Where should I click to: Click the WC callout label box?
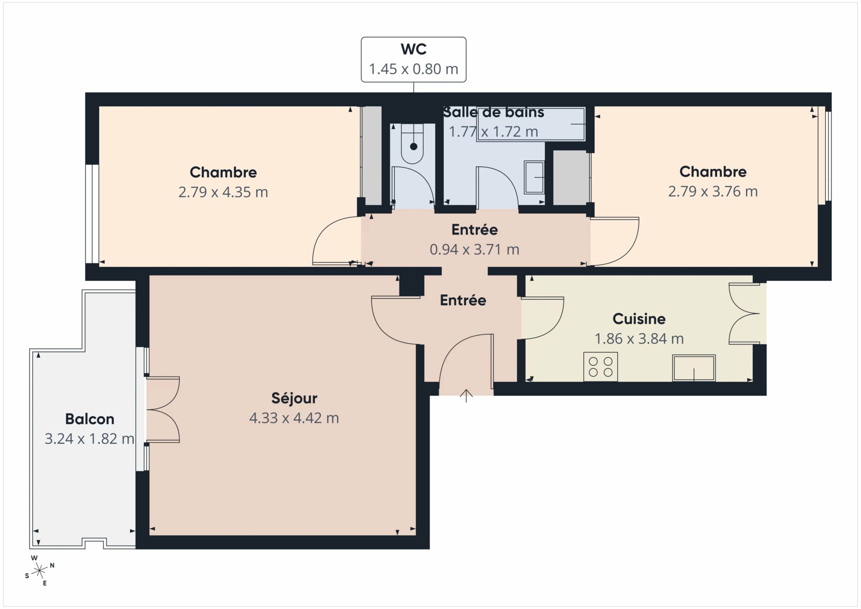pyautogui.click(x=413, y=59)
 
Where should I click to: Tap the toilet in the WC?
pyautogui.click(x=412, y=143)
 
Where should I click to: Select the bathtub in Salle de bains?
pyautogui.click(x=531, y=124)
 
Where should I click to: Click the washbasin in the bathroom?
pyautogui.click(x=534, y=177)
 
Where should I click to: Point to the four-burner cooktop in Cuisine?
pyautogui.click(x=600, y=367)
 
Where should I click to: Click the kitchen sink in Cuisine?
pyautogui.click(x=694, y=368)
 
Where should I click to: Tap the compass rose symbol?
pyautogui.click(x=40, y=570)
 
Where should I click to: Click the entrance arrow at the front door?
pyautogui.click(x=466, y=396)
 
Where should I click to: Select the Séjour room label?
pyautogui.click(x=294, y=398)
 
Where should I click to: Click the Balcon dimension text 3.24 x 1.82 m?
pyautogui.click(x=90, y=439)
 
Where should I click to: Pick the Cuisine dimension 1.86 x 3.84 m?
pyautogui.click(x=639, y=339)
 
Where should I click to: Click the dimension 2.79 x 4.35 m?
pyautogui.click(x=223, y=192)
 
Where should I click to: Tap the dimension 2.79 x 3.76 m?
pyautogui.click(x=713, y=191)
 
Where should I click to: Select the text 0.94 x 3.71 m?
pyautogui.click(x=474, y=249)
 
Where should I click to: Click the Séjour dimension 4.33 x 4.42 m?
pyautogui.click(x=294, y=418)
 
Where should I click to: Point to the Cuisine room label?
pyautogui.click(x=639, y=319)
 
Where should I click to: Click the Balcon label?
pyautogui.click(x=90, y=419)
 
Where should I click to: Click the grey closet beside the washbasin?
pyautogui.click(x=570, y=177)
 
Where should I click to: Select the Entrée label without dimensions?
pyautogui.click(x=463, y=300)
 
